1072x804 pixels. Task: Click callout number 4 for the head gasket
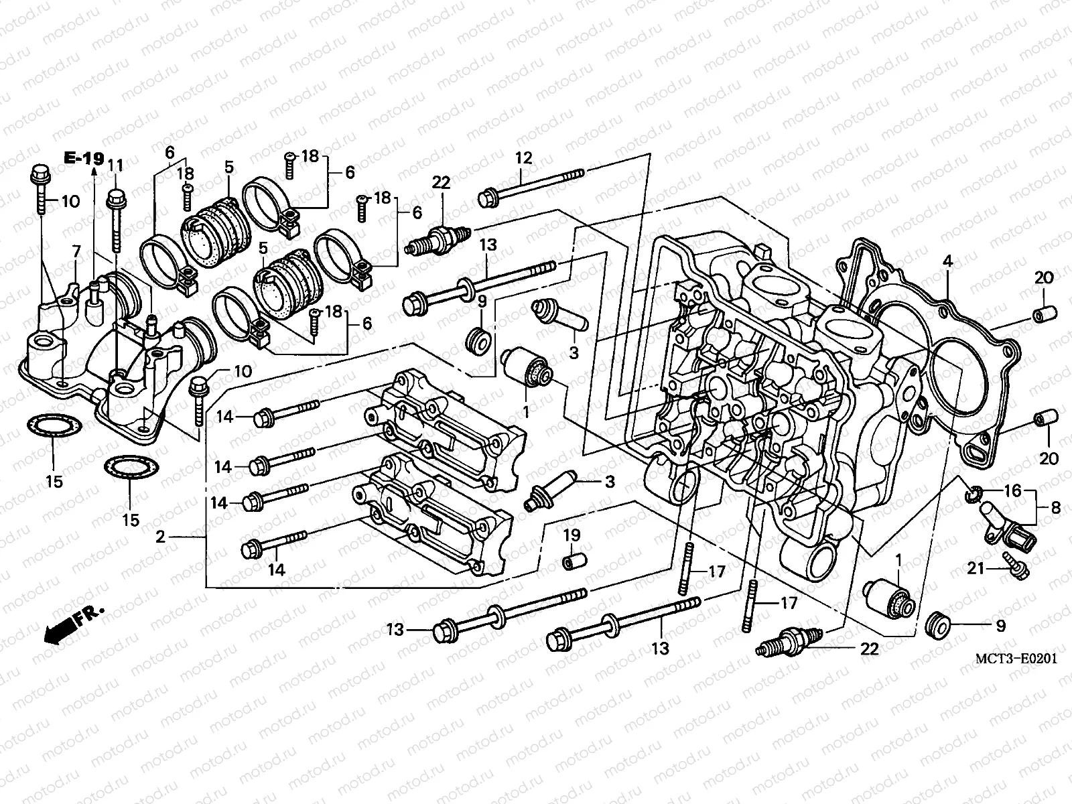tap(947, 262)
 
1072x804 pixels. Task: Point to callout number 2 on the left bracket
tap(160, 536)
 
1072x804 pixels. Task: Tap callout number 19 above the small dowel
tap(571, 535)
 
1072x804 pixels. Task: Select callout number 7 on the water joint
tap(76, 252)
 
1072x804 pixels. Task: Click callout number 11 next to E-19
tap(116, 165)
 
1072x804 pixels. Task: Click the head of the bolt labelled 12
tap(487, 198)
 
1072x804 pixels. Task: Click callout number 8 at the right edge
tap(1055, 509)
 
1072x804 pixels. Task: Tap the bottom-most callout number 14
tap(277, 569)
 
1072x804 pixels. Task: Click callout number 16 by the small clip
tap(1012, 491)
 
